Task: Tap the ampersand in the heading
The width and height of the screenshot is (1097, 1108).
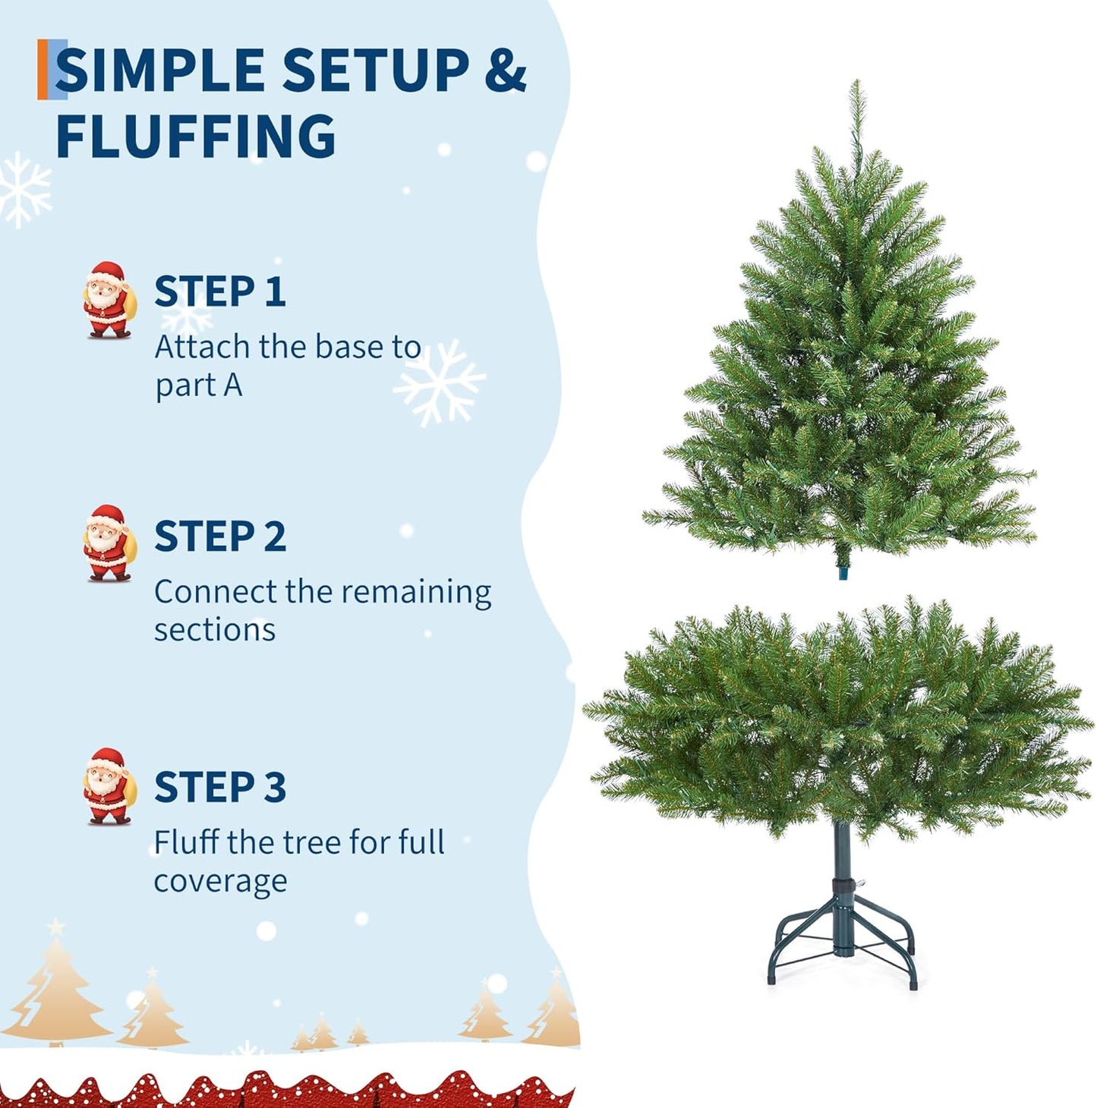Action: click(x=506, y=71)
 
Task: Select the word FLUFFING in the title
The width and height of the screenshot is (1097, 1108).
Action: click(x=195, y=137)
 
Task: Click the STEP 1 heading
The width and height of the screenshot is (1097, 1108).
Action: click(x=219, y=292)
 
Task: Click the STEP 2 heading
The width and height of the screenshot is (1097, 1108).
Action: click(x=219, y=537)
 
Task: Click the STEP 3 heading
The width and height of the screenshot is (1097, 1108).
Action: click(x=219, y=787)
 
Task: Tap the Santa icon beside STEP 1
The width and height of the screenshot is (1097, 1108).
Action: click(x=109, y=300)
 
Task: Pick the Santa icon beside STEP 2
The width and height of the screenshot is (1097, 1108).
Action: click(x=109, y=543)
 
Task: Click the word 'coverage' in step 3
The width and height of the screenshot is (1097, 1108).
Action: click(x=220, y=882)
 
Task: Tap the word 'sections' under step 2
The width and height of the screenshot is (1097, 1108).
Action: click(x=214, y=631)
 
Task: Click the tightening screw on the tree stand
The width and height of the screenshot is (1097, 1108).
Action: click(x=860, y=883)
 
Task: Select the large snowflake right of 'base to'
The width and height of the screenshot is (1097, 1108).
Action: click(x=439, y=382)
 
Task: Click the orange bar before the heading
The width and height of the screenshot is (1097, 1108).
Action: click(x=42, y=69)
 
